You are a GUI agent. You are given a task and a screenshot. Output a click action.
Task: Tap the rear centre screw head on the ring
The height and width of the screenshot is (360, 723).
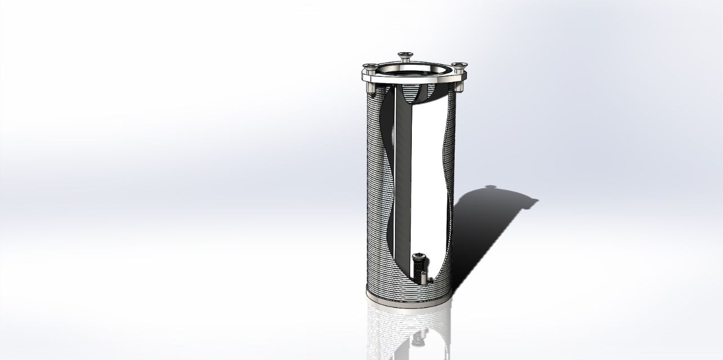(405, 55)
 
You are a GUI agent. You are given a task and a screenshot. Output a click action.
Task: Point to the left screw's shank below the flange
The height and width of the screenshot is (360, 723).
(370, 88)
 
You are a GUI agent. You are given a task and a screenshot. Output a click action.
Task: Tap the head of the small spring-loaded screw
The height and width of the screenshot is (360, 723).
(419, 256)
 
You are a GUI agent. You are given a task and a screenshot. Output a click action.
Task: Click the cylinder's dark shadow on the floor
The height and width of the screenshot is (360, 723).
(484, 231)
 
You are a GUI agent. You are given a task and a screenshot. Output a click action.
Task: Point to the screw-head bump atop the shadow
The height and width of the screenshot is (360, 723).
(491, 187)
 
